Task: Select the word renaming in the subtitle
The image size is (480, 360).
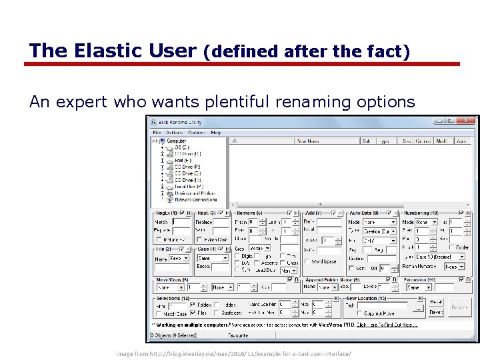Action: (x=304, y=101)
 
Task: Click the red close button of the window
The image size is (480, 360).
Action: (x=468, y=121)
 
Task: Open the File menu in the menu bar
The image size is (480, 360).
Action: (x=157, y=133)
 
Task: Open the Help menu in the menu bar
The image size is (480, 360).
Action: (x=216, y=133)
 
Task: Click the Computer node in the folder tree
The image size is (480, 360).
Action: (x=176, y=141)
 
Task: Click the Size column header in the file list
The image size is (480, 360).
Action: (x=407, y=141)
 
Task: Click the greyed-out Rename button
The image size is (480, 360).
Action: (x=459, y=307)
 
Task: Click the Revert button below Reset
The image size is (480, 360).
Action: (x=436, y=311)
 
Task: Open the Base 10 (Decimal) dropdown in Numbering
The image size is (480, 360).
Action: (x=435, y=256)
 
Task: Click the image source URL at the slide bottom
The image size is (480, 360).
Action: (x=233, y=352)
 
